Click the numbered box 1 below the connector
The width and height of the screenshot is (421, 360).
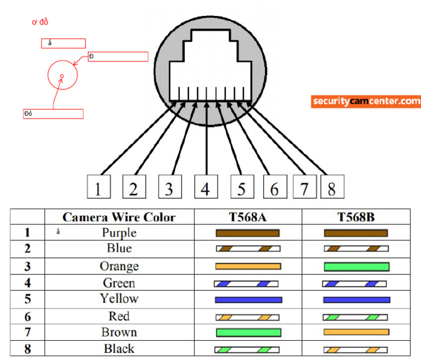point(98,187)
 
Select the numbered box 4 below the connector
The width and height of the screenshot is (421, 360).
point(205,187)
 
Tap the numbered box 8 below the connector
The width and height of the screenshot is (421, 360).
point(332,187)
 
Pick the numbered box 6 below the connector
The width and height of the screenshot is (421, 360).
point(274,187)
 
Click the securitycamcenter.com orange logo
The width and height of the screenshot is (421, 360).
point(366,102)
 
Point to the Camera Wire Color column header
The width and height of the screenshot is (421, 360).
point(119,217)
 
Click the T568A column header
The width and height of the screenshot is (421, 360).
point(248,217)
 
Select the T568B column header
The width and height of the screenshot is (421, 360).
point(356,217)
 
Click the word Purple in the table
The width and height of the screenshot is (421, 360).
point(119,233)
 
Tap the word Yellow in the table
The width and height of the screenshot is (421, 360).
point(119,299)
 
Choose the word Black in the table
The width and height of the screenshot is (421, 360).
point(119,348)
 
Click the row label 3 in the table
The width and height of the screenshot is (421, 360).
point(27,267)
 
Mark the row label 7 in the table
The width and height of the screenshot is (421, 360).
point(27,333)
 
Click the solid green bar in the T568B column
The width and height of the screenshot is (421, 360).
point(356,267)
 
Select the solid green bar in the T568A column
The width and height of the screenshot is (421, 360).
point(248,333)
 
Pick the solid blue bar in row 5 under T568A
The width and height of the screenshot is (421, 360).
point(248,300)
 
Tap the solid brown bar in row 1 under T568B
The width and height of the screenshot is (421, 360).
point(356,233)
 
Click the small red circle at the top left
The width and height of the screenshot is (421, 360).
point(61,76)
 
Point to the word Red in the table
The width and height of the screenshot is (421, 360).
point(119,316)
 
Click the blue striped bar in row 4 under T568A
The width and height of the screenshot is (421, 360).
point(246,284)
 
